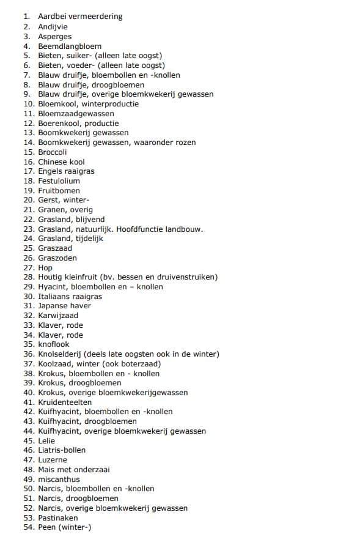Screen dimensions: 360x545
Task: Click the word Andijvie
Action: click(53, 27)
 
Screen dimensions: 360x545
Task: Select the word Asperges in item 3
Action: click(54, 37)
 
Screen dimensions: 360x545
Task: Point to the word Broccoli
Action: click(53, 152)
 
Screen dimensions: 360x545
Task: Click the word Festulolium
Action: click(59, 181)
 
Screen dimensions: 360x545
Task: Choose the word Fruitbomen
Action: click(59, 191)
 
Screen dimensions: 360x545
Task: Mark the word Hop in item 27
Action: click(45, 268)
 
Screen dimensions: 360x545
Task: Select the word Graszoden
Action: click(57, 258)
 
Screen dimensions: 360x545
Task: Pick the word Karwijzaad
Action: click(58, 316)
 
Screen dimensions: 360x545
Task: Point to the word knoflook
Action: click(54, 344)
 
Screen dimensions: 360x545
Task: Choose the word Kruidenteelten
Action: click(65, 402)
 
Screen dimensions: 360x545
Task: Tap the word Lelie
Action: click(46, 441)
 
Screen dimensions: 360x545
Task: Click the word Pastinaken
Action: click(58, 518)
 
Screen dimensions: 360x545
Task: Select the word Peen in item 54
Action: click(46, 527)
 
